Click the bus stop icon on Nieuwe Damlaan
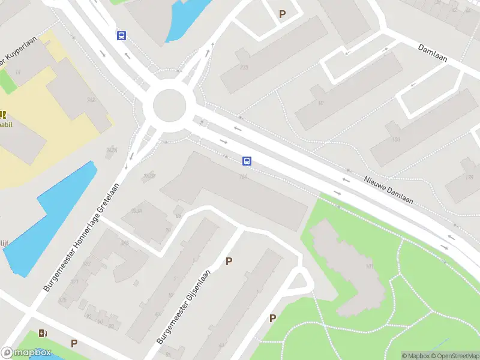[x=247, y=161]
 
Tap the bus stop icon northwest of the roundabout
[x=122, y=35]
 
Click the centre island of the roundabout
[x=170, y=106]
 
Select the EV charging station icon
[x=43, y=334]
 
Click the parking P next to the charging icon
[x=74, y=343]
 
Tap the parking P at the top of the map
[x=282, y=13]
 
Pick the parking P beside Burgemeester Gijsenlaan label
[x=228, y=261]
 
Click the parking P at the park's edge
[x=272, y=318]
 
